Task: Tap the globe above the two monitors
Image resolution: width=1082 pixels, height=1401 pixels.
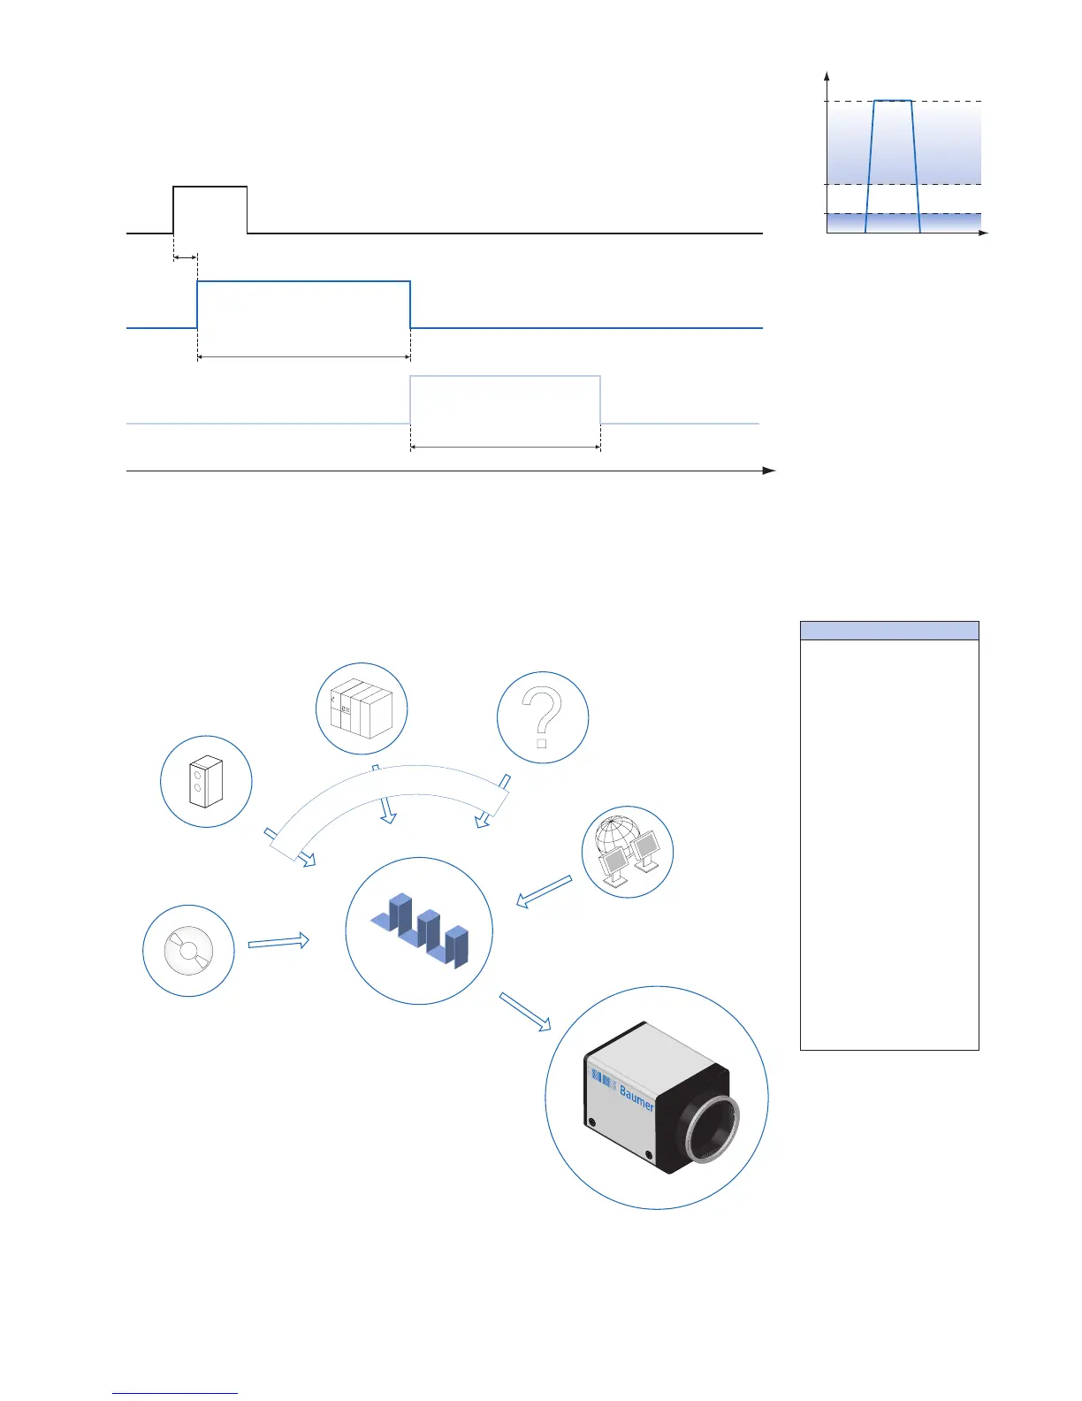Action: point(618,834)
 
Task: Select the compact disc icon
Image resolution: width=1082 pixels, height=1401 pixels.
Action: point(188,951)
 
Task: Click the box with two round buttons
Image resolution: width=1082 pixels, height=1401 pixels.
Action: point(206,782)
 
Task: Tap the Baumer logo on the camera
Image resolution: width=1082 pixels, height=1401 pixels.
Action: point(636,1098)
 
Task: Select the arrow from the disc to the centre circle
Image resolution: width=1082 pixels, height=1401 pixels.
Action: point(278,942)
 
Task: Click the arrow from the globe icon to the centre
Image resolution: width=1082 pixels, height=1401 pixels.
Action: point(544,892)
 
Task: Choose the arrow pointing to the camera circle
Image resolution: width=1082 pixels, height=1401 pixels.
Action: point(525,1012)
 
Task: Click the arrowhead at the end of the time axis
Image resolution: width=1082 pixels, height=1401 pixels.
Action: point(769,471)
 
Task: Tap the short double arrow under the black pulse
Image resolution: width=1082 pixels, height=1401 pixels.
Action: point(185,257)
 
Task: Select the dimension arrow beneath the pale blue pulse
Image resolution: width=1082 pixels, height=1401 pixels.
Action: point(506,448)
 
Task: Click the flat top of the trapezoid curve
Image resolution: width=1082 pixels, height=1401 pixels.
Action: point(893,101)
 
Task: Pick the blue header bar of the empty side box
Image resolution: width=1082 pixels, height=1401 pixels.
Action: point(889,631)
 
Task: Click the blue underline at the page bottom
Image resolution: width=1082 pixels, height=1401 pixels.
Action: point(175,1394)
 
